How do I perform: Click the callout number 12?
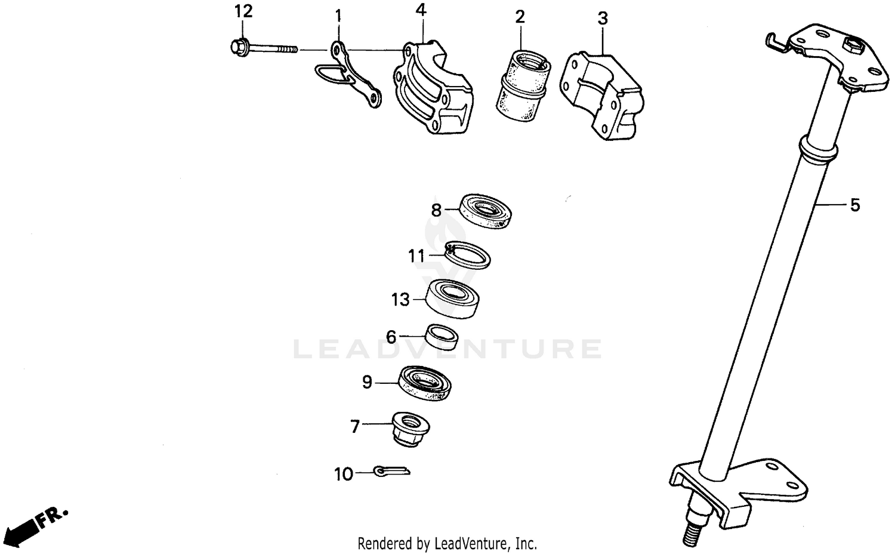(243, 11)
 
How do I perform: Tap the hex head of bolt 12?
(238, 46)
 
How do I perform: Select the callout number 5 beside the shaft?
(855, 205)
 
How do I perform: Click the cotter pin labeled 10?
(392, 472)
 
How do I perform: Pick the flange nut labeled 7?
(411, 429)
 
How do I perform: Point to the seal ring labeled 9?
(425, 383)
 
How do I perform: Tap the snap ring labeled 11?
(468, 255)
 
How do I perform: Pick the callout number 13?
(400, 300)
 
